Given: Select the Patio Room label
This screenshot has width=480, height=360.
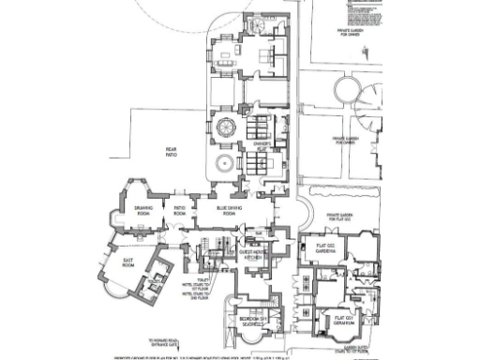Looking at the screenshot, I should (177, 210).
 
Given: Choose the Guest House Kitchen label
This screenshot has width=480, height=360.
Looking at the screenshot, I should (254, 254).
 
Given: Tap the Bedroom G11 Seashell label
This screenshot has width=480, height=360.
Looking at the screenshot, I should (250, 321).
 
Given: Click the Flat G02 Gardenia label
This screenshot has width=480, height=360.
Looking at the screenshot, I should (330, 249).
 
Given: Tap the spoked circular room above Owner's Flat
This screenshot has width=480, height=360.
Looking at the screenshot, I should (226, 126).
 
